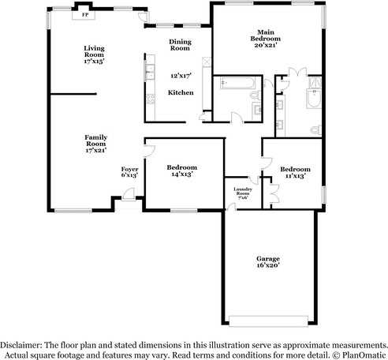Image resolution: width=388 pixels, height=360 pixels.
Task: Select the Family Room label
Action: pos(95,143)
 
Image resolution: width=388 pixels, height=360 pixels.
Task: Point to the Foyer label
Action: pos(129,171)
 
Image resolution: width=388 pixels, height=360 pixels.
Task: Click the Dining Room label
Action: pos(181,45)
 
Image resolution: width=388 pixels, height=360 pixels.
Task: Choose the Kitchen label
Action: pos(181,93)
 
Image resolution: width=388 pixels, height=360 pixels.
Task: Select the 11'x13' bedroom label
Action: pos(295,172)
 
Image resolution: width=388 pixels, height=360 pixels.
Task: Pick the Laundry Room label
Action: pos(242,193)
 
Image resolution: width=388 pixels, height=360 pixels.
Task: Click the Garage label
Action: pos(267,262)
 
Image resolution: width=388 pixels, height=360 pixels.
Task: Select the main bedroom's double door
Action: pos(294,73)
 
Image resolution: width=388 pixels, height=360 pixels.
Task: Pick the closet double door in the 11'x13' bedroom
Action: pos(273,189)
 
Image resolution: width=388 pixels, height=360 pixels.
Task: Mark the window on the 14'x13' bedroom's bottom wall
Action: pos(183,210)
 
